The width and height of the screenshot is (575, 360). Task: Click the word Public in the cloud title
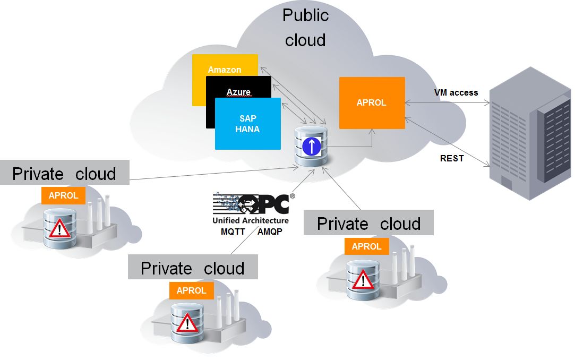click(x=305, y=15)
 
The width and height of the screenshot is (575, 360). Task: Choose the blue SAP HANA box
click(x=247, y=124)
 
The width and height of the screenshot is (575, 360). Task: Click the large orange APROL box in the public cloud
click(x=372, y=102)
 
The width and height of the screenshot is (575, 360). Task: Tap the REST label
click(x=452, y=158)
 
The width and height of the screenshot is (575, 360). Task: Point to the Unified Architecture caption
click(x=251, y=220)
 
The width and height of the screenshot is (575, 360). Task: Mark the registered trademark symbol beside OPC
click(x=292, y=195)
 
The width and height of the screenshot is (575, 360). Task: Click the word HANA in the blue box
click(x=247, y=129)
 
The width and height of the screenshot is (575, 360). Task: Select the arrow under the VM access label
click(x=446, y=103)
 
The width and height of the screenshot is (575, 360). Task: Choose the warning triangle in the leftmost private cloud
click(x=59, y=228)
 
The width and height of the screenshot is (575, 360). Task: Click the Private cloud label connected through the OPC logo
click(x=192, y=268)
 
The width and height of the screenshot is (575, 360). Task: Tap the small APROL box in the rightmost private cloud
click(x=366, y=246)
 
